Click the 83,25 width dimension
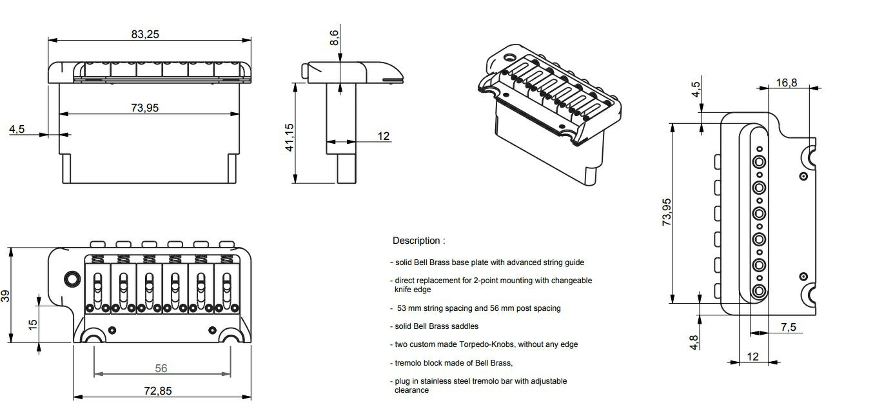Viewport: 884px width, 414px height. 145,34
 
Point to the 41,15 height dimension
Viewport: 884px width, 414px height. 290,137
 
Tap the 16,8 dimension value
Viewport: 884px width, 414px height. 786,82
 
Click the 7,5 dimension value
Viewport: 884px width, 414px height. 788,327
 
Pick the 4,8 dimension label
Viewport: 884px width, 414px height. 694,341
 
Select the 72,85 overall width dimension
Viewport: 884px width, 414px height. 158,391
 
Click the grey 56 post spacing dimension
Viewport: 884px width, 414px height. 161,368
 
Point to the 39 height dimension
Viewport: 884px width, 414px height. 6,296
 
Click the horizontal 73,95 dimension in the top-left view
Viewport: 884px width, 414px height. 144,108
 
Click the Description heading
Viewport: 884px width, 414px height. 418,241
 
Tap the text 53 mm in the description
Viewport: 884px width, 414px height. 408,308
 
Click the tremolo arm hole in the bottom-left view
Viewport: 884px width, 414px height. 70,279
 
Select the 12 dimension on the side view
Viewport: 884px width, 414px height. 384,136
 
